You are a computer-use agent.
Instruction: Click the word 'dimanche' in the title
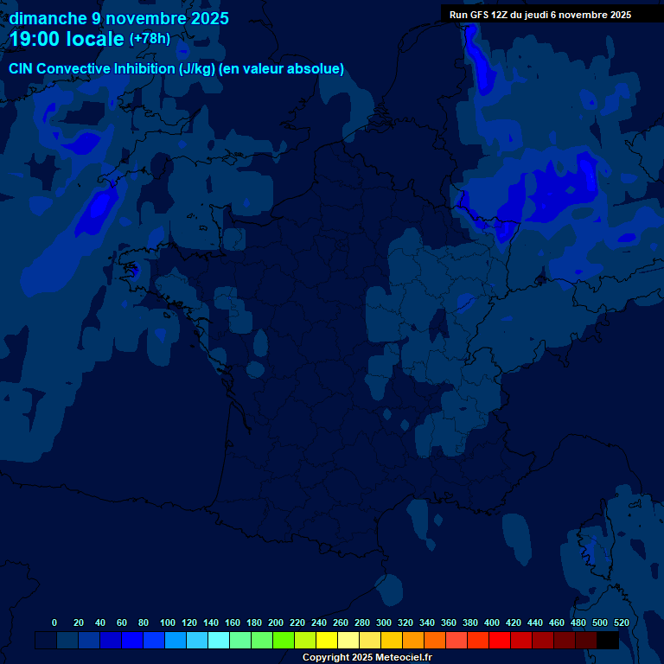click(x=48, y=18)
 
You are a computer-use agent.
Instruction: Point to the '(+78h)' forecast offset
click(x=150, y=39)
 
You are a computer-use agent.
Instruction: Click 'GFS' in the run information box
click(x=482, y=15)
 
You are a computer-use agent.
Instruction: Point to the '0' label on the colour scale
click(x=54, y=622)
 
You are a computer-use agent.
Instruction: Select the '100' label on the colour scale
click(x=168, y=622)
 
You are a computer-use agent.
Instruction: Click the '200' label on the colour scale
click(x=276, y=622)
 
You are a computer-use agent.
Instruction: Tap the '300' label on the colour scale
click(x=384, y=622)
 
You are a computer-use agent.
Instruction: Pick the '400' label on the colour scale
click(x=492, y=622)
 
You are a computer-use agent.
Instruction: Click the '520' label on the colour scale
click(x=621, y=622)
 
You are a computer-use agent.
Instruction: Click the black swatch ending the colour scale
click(x=608, y=640)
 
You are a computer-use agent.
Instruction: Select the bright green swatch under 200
click(x=284, y=640)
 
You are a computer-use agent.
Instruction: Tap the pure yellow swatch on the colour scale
click(x=327, y=640)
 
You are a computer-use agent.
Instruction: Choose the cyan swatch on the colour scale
click(x=219, y=640)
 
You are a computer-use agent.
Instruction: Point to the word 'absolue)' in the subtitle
click(x=317, y=69)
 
